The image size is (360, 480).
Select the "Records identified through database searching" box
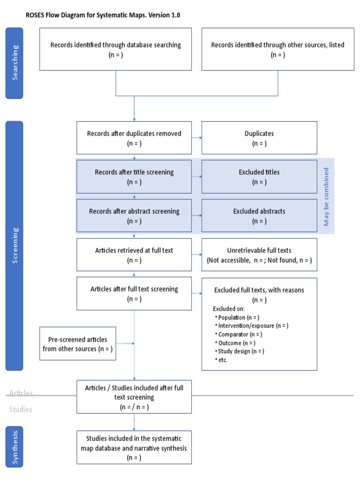click(115, 49)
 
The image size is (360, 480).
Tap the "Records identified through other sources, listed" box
click(277, 49)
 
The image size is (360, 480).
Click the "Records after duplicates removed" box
click(134, 138)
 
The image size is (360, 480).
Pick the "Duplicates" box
click(259, 138)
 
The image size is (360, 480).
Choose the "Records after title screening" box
click(134, 176)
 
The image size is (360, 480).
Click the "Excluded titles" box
click(259, 176)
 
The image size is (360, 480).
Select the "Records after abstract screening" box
click(134, 216)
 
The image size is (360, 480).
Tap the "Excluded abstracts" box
click(259, 216)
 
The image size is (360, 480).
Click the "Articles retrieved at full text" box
click(134, 255)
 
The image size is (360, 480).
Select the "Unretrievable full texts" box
click(259, 255)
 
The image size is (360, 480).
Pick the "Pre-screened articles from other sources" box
click(78, 344)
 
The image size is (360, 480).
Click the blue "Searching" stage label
click(14, 63)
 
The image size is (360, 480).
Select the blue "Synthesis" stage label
click(14, 447)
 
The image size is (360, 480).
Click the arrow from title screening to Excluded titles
click(196, 177)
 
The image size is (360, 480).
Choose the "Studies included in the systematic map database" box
click(134, 448)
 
